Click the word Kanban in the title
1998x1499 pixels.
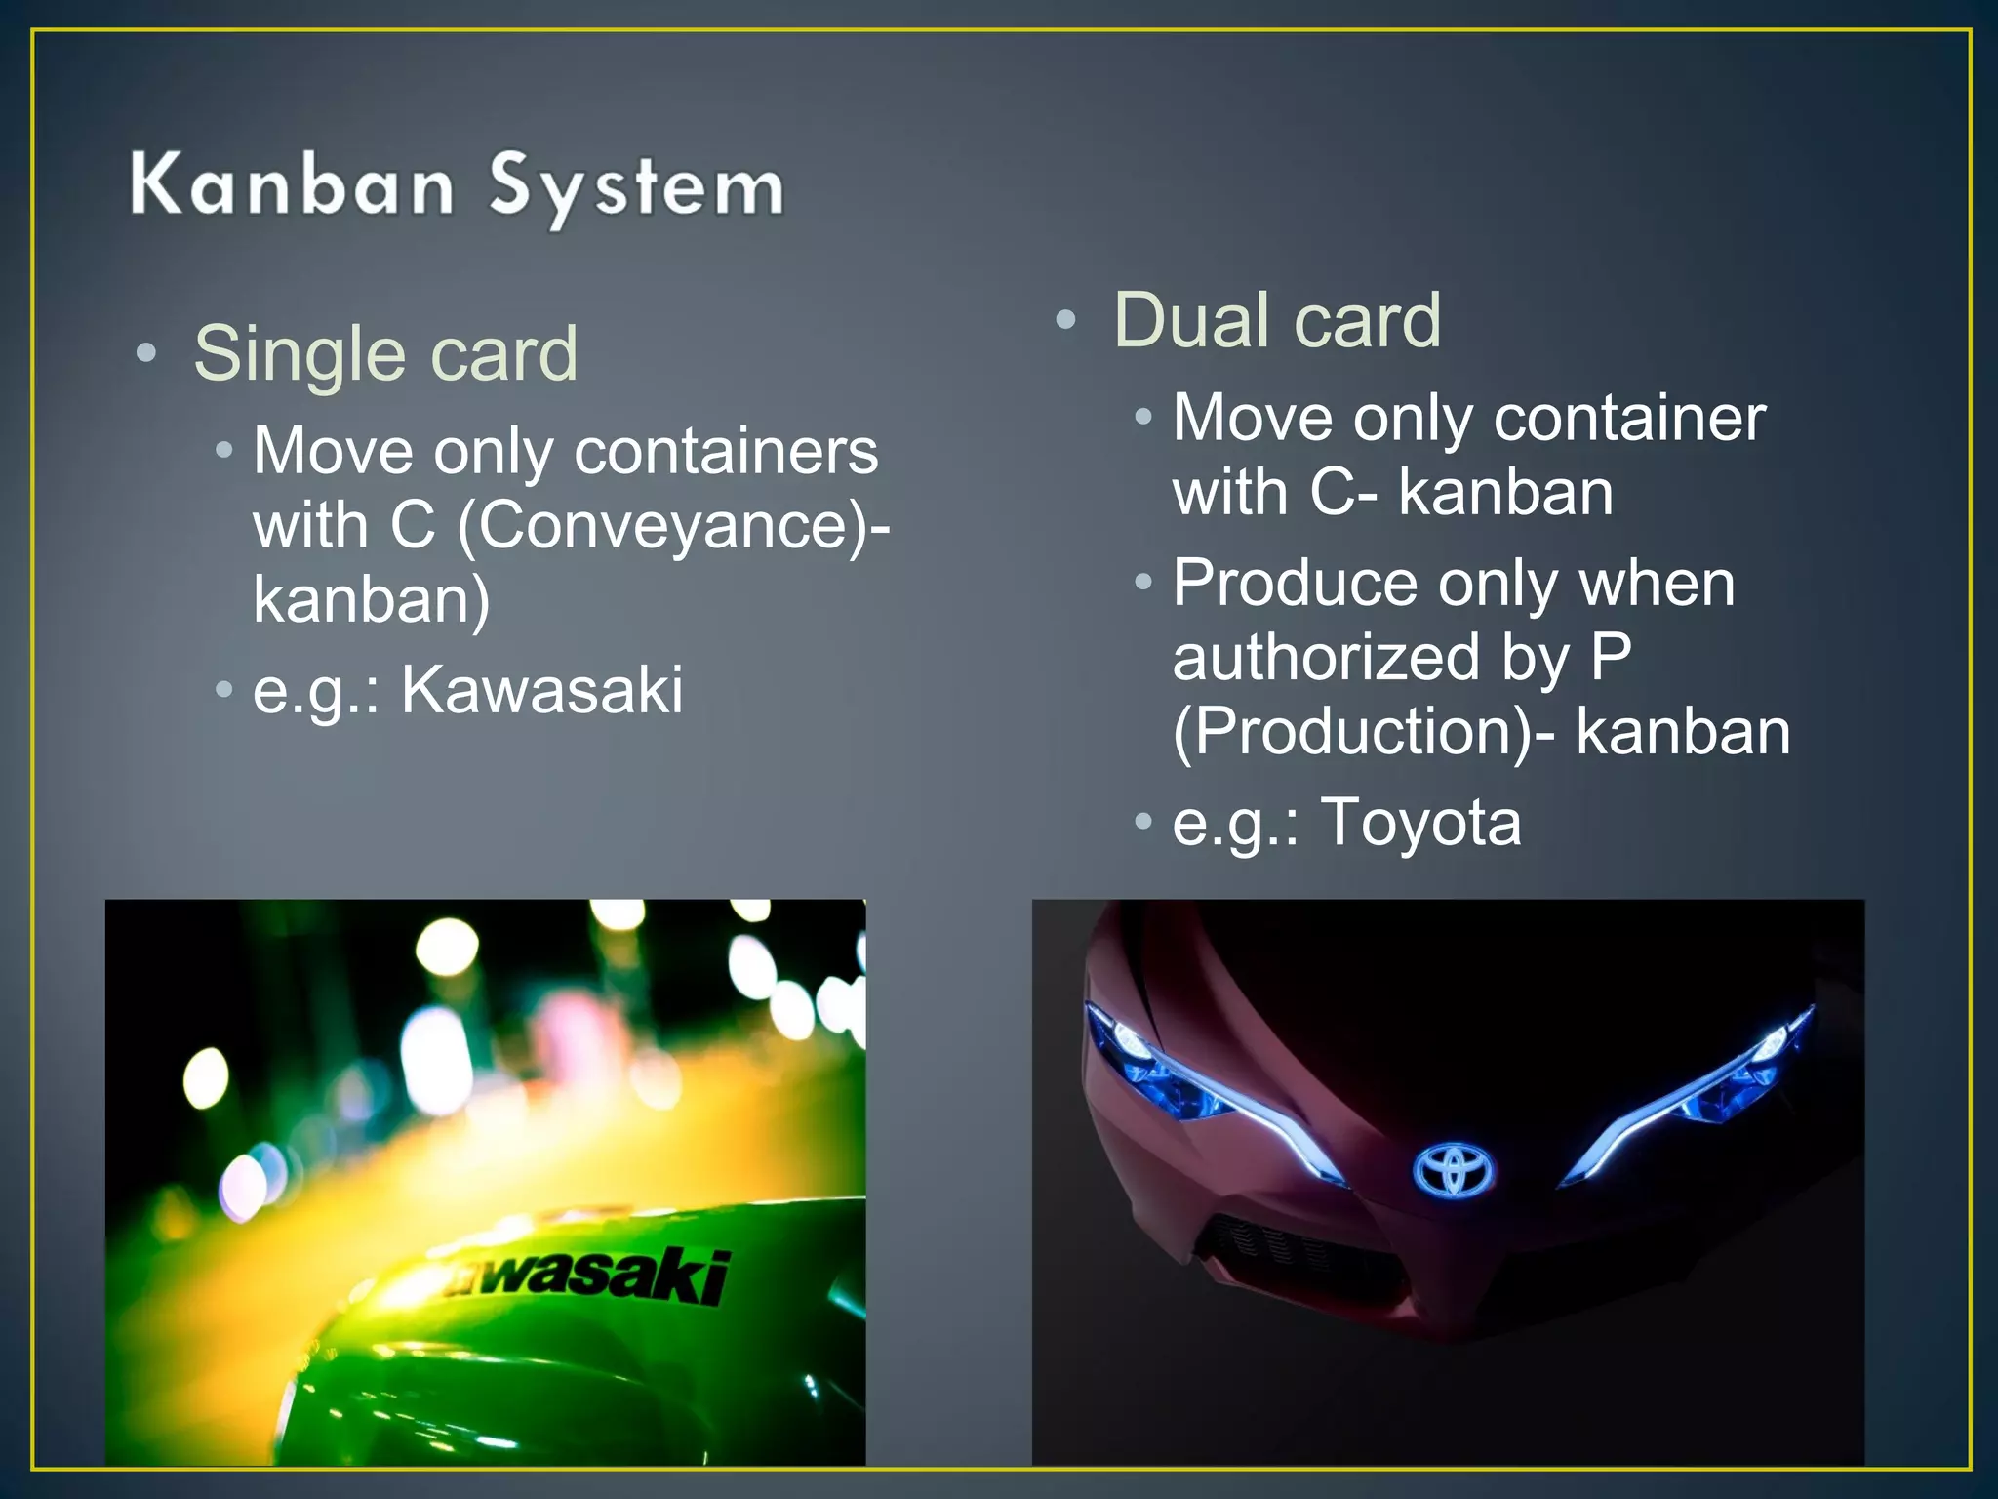292,185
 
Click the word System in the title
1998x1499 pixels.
636,187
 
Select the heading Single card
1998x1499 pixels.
385,353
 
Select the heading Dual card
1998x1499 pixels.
1276,320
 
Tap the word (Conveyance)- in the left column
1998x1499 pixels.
673,527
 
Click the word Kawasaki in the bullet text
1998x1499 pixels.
542,690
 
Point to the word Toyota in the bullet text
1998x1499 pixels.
1420,822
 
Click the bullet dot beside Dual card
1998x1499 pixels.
1065,319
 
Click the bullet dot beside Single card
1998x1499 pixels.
146,353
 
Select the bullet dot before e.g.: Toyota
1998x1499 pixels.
1143,821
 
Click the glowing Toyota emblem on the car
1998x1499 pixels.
1454,1169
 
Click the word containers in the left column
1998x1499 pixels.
726,452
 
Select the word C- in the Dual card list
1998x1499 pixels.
1343,492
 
